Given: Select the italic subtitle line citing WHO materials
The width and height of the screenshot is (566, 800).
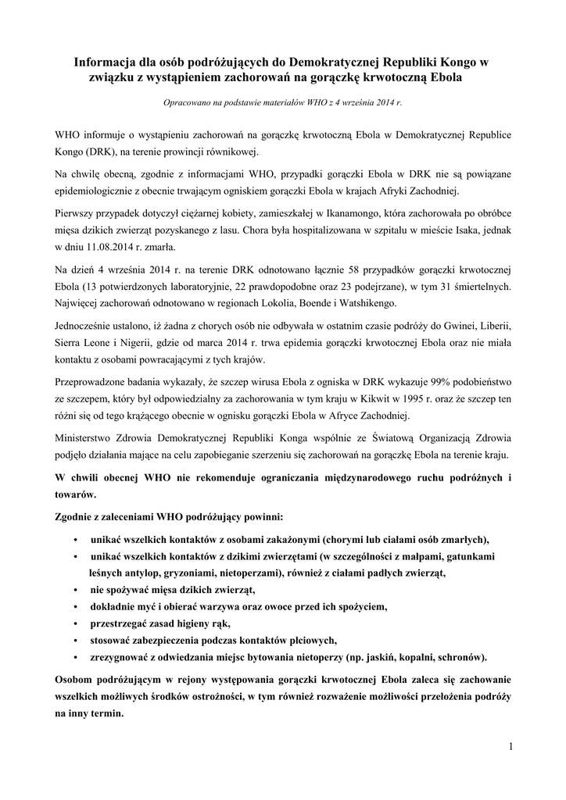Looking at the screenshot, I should tap(282, 102).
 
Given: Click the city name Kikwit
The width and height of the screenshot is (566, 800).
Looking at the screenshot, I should tap(364, 398).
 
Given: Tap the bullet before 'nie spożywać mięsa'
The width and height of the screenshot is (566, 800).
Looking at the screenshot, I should tap(73, 590).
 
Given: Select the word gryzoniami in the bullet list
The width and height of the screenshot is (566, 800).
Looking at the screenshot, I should tap(154, 573).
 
